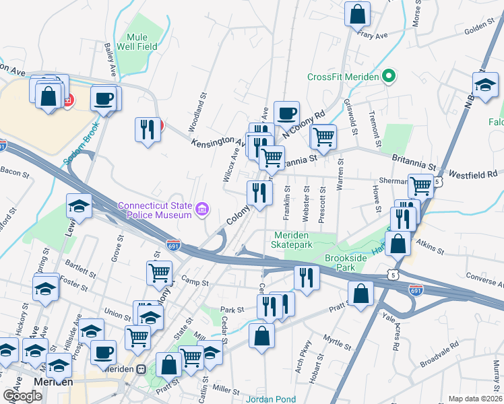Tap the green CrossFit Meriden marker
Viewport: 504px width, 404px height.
(388, 76)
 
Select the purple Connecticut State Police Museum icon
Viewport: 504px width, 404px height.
(201, 211)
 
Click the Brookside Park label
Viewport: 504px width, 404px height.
(349, 263)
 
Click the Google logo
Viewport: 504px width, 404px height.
(22, 396)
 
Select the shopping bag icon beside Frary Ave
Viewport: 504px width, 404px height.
(358, 14)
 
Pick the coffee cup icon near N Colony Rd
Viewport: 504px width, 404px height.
(286, 113)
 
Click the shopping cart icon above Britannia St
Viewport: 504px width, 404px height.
(324, 137)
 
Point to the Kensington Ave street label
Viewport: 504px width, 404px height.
(217, 143)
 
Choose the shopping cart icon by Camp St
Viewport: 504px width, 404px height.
(159, 273)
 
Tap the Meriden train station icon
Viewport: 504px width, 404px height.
(141, 370)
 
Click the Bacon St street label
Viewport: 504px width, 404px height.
(16, 174)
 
